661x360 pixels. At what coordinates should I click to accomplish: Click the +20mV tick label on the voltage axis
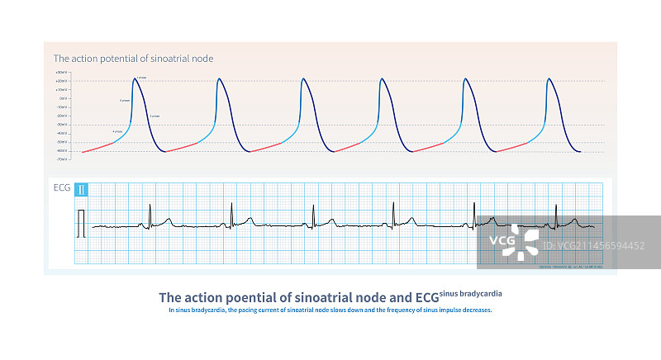(x=60, y=81)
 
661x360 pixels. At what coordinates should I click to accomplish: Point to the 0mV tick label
(x=62, y=98)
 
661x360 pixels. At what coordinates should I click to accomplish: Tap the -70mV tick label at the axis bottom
(x=60, y=159)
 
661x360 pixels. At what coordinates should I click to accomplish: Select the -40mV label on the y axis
(x=60, y=133)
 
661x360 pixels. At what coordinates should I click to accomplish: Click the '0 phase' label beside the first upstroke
(x=125, y=101)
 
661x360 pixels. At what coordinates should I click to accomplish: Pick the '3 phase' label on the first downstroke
(x=155, y=117)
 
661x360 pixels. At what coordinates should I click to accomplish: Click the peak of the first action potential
(x=136, y=78)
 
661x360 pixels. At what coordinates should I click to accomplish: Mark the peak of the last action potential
(x=550, y=78)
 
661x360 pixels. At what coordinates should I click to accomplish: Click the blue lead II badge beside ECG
(x=82, y=190)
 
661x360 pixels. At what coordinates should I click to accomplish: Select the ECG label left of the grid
(x=62, y=190)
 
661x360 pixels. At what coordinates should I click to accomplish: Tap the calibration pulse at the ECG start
(x=80, y=223)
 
